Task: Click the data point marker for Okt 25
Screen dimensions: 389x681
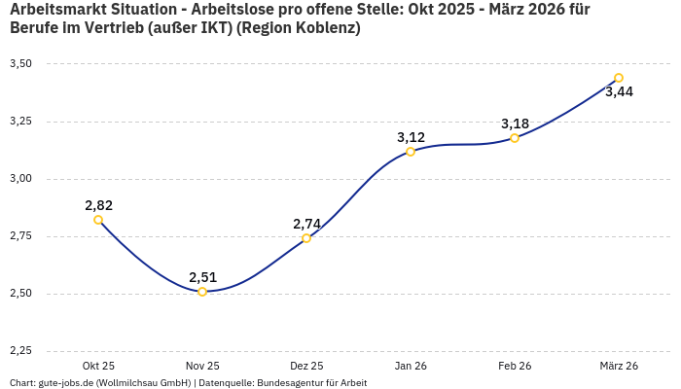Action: [x=98, y=220]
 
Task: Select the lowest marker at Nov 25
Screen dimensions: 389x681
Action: [x=202, y=292]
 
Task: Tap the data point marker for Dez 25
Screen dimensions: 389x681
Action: [x=306, y=238]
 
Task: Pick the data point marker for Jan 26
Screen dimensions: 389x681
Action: [x=411, y=152]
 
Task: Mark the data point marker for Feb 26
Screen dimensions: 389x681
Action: [x=515, y=138]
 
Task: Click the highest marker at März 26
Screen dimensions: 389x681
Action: [x=619, y=78]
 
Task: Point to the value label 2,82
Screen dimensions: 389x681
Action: [x=98, y=205]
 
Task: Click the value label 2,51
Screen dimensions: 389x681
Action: [x=202, y=277]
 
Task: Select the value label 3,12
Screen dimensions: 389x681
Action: [x=411, y=137]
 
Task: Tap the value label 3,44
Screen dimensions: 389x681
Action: [x=619, y=92]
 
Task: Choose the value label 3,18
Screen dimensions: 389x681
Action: [x=515, y=124]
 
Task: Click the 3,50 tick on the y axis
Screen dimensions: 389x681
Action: [x=20, y=64]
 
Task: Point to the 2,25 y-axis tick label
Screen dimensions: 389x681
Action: [x=20, y=351]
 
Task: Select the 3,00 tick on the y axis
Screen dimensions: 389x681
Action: [x=20, y=179]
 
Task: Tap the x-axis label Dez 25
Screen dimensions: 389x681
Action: [x=306, y=366]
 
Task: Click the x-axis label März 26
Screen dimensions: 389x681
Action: [x=619, y=366]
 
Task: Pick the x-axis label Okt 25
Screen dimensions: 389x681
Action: [x=98, y=366]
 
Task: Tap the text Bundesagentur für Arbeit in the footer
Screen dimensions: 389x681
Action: [x=311, y=383]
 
